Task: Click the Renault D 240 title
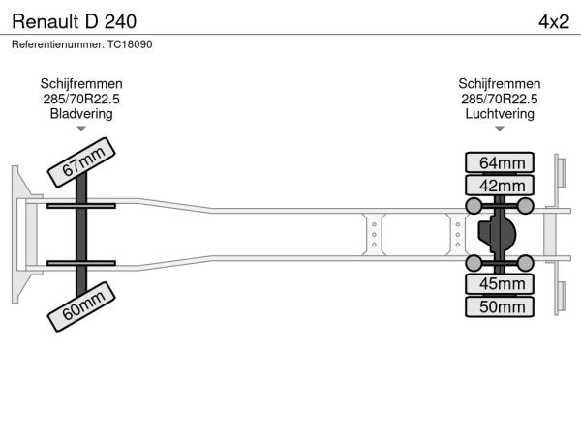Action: click(x=75, y=21)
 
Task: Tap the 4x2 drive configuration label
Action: click(x=554, y=22)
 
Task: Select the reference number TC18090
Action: click(x=130, y=44)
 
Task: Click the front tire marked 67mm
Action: click(x=81, y=162)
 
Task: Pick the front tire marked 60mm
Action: click(x=81, y=306)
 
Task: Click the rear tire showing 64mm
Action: click(x=500, y=162)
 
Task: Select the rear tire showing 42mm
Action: click(x=500, y=185)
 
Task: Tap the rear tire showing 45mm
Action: click(x=500, y=283)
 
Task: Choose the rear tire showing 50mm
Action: click(x=500, y=306)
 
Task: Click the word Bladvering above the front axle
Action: click(x=81, y=113)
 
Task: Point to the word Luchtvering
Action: click(x=500, y=113)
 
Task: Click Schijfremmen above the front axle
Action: click(x=81, y=83)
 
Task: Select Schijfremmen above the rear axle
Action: click(x=500, y=83)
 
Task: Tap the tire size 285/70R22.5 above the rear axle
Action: click(x=500, y=99)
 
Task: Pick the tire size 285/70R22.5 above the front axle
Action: click(x=81, y=99)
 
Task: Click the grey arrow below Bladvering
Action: click(x=81, y=129)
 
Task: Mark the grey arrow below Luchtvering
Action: click(x=500, y=129)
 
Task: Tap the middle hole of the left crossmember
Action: click(x=374, y=235)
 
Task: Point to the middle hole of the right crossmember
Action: click(x=458, y=235)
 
